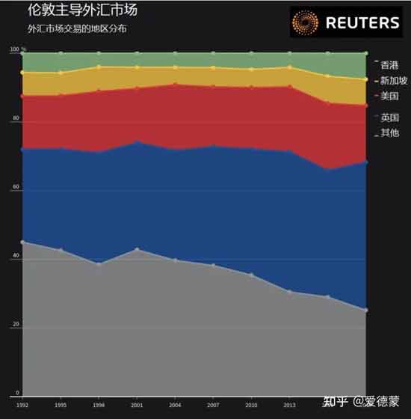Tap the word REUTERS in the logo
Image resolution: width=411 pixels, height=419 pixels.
tap(362, 23)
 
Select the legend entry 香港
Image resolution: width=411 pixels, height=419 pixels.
tap(389, 65)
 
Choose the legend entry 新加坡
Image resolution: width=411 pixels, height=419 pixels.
tap(392, 81)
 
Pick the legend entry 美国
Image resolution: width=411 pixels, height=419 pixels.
tap(389, 97)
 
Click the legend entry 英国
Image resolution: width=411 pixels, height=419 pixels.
tap(389, 117)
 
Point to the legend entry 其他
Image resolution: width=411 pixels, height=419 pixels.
tap(389, 133)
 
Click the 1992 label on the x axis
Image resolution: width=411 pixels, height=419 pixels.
tap(22, 404)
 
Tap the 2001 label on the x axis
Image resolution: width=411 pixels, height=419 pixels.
tap(137, 404)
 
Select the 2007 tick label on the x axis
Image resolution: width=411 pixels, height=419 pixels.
tap(213, 404)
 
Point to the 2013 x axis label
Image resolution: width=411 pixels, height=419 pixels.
tap(289, 404)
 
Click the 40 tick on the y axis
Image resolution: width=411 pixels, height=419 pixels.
tap(16, 258)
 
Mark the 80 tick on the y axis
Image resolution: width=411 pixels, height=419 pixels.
tap(16, 120)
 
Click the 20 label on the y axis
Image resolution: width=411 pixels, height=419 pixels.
tap(16, 327)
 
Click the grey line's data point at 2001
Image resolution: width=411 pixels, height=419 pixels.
tap(137, 249)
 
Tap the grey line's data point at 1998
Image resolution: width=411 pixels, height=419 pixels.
tap(99, 264)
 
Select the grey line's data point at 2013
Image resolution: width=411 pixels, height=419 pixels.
tap(289, 292)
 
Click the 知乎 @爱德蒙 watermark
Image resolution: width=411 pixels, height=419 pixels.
tap(360, 401)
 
